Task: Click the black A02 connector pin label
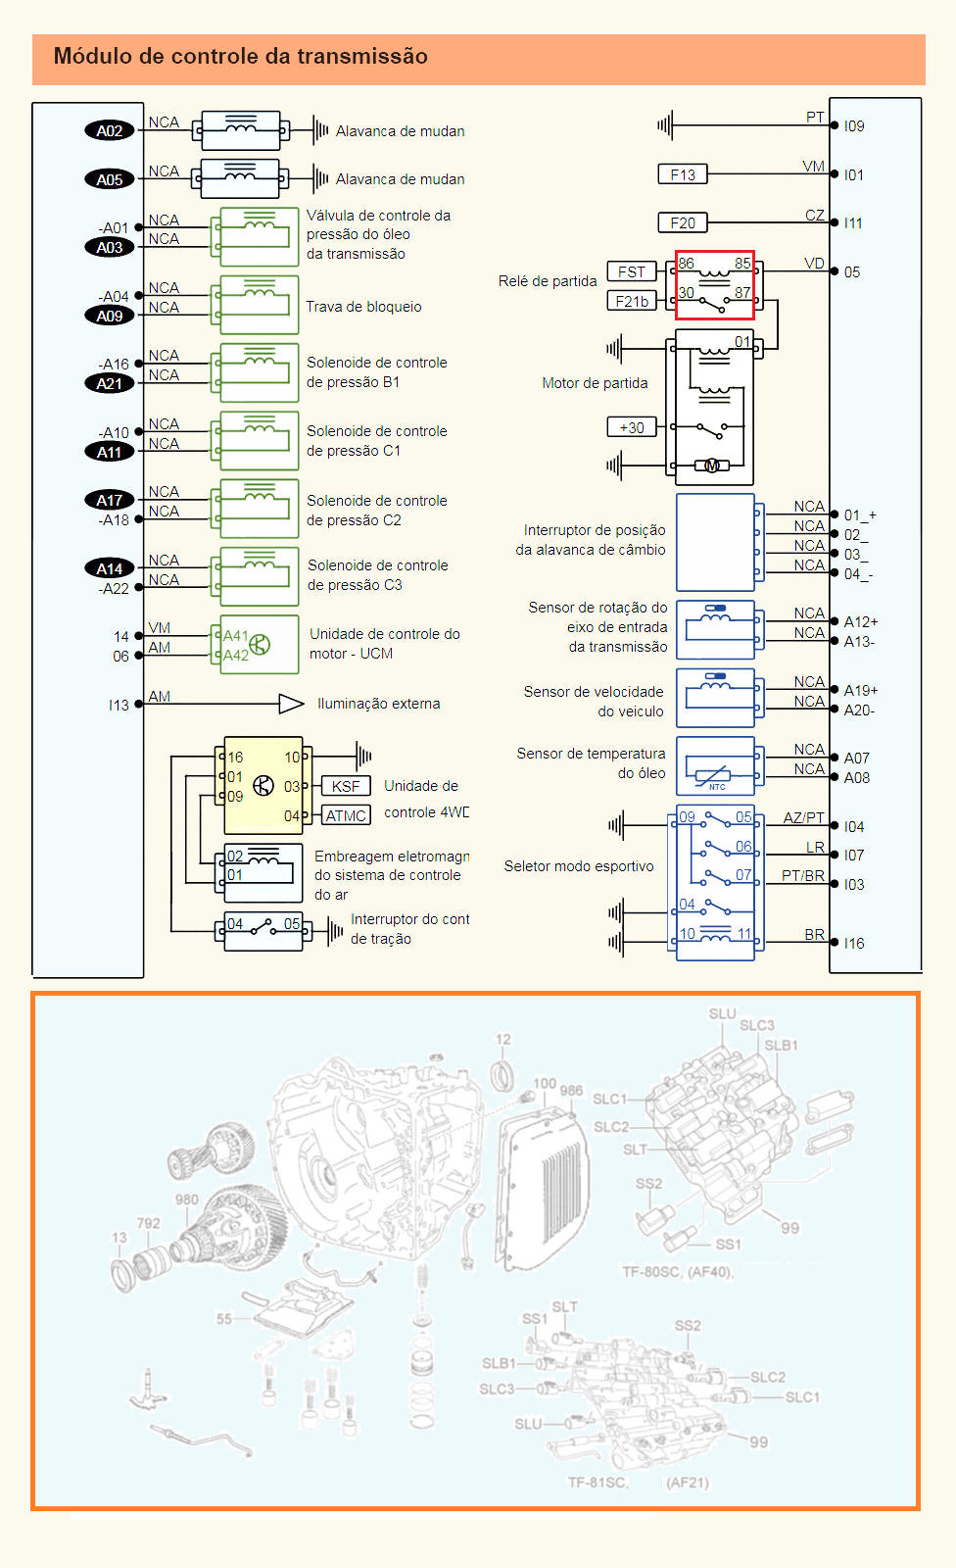pos(109,130)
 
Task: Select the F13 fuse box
pos(683,174)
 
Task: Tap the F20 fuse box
pos(683,222)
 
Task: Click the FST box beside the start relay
pos(632,271)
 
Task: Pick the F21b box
pos(632,301)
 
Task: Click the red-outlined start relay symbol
pos(715,284)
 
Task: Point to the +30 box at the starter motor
pos(632,427)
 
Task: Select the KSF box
pos(346,786)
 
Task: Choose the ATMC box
pos(346,815)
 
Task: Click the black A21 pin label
pos(109,383)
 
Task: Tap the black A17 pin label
pos(109,500)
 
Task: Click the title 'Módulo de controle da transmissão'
pos(240,56)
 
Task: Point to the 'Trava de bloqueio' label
pos(363,307)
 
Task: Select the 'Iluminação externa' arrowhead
pos(291,704)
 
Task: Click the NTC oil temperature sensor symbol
pos(716,766)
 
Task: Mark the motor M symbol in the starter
pos(712,465)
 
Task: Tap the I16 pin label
pos(854,943)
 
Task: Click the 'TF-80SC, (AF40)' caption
pos(677,1271)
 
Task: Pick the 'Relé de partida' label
pos(547,281)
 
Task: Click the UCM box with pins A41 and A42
pos(260,645)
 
